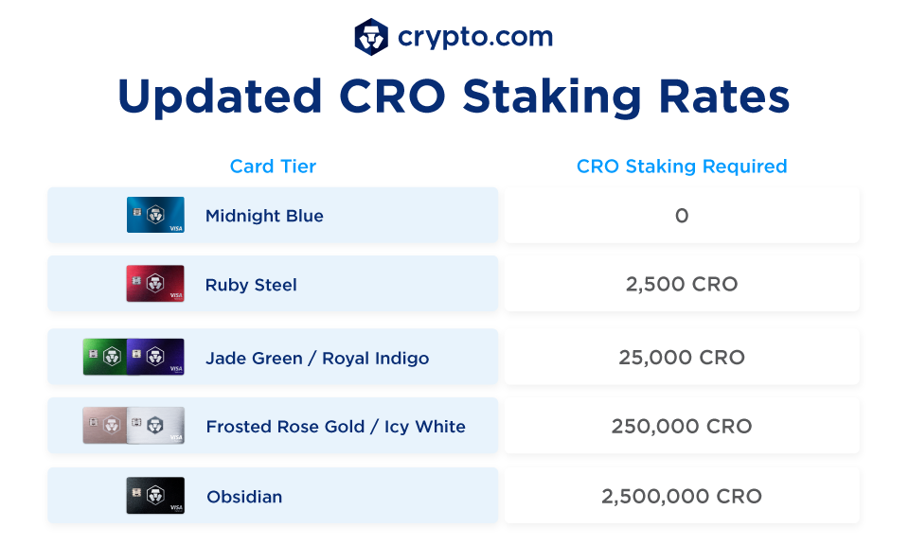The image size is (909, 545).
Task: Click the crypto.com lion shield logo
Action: point(371,37)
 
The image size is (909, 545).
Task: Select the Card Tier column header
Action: point(273,167)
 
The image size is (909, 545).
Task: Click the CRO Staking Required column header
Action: point(682,167)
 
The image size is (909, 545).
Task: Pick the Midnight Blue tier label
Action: point(264,216)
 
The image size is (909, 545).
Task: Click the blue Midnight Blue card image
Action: point(155,215)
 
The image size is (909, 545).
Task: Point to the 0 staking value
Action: point(682,216)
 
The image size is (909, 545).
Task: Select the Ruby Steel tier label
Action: point(251,285)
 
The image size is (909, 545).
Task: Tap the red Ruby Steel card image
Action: point(155,284)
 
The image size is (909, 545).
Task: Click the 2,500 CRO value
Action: point(682,284)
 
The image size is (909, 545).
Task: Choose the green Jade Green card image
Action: point(104,357)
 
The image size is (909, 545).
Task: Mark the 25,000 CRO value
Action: point(682,358)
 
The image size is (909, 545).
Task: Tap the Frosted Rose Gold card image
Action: point(104,426)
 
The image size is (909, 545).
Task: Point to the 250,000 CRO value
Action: point(682,426)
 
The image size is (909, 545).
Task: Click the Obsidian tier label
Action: point(244,497)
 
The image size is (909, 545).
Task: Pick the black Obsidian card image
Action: point(155,496)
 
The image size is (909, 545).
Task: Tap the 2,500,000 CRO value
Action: point(682,496)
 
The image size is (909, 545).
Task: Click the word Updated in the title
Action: point(219,97)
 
